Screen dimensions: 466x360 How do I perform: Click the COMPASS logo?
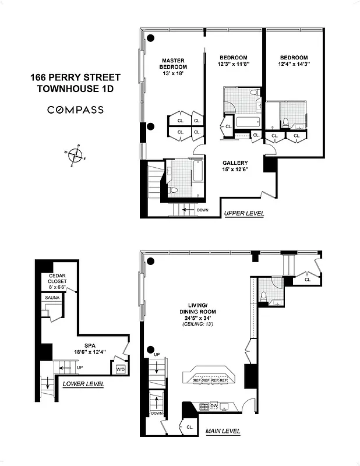click(75, 110)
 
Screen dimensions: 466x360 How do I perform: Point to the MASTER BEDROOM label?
click(173, 63)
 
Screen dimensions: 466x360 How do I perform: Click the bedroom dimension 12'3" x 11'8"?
click(233, 65)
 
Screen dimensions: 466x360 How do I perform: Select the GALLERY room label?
click(235, 163)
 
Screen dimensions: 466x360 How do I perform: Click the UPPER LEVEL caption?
click(243, 214)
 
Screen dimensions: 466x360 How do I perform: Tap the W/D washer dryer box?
click(121, 369)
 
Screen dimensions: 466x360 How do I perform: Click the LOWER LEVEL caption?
click(83, 384)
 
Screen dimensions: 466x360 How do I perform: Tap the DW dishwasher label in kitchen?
click(214, 405)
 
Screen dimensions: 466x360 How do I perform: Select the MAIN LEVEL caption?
click(223, 432)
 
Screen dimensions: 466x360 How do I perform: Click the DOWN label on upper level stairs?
click(202, 210)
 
